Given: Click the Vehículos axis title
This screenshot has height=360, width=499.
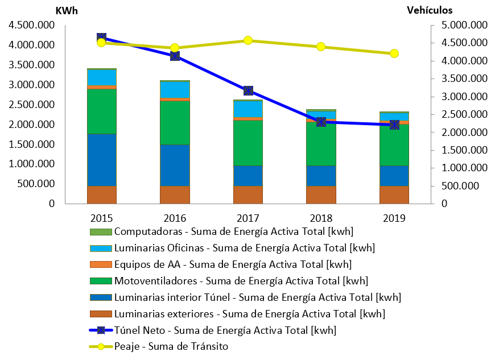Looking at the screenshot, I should [x=430, y=10].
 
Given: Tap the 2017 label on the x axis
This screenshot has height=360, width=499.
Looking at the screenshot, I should [x=248, y=218].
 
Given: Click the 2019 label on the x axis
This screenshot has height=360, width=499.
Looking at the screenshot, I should [x=394, y=218].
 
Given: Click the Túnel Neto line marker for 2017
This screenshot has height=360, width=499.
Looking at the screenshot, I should [x=248, y=90].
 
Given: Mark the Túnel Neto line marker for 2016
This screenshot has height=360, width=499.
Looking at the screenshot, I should [x=175, y=56].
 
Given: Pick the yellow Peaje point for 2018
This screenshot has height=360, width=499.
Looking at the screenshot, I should [x=321, y=47].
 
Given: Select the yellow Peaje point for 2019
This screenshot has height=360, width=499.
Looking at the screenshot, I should [x=394, y=53].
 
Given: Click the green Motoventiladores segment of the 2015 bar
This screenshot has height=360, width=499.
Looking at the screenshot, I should [x=102, y=111].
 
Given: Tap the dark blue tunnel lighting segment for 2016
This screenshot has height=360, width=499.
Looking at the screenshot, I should [x=175, y=165].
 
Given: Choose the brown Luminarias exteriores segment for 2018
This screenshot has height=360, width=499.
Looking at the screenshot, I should [x=321, y=195].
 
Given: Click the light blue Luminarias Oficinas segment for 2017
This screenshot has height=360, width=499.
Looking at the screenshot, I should [x=248, y=109].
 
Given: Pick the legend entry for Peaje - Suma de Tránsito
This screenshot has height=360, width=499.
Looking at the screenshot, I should [x=171, y=346].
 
